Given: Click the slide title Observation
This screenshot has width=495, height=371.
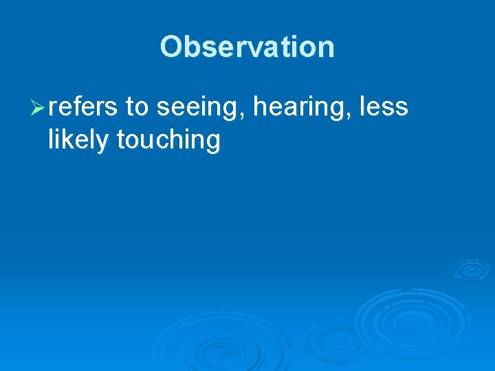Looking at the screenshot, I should point(247,47).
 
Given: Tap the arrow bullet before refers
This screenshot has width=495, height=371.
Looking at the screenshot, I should point(38,108).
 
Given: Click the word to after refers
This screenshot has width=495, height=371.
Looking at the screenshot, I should point(137,107).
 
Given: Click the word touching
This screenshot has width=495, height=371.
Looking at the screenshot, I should point(168,140).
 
